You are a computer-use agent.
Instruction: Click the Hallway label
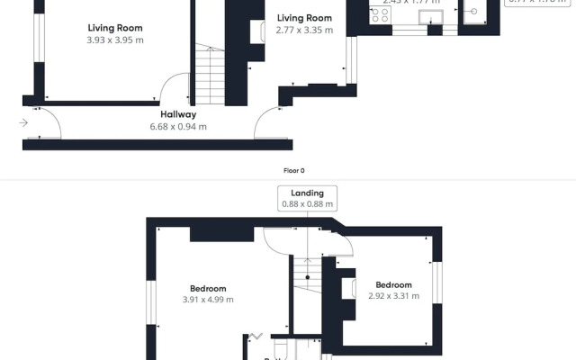(x=178, y=114)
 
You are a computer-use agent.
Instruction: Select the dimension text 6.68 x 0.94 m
(x=178, y=127)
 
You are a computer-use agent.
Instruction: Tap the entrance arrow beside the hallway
(x=22, y=122)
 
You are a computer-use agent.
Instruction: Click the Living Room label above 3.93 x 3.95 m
(x=114, y=27)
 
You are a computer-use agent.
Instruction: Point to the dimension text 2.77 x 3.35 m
(x=304, y=30)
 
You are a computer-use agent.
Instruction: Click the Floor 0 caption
(x=294, y=170)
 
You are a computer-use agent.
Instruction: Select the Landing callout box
(x=307, y=198)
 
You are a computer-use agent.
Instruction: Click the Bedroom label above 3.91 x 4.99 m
(x=208, y=288)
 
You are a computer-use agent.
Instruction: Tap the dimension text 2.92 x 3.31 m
(x=394, y=296)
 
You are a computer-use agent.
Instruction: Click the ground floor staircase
(x=210, y=76)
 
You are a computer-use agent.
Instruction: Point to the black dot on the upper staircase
(x=307, y=276)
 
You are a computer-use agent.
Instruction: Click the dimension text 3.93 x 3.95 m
(x=114, y=40)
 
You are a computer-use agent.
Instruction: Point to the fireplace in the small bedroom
(x=347, y=288)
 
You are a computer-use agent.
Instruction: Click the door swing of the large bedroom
(x=281, y=240)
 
